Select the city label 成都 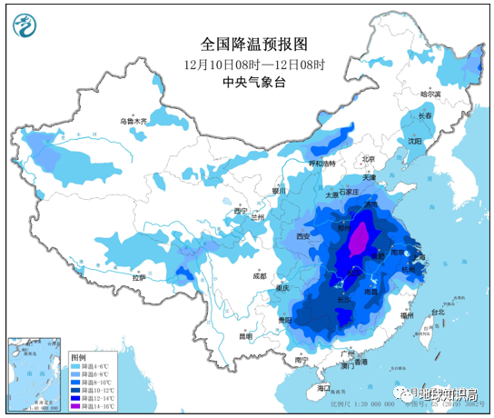point(261,274)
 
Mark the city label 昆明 point(245,335)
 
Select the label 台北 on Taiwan point(438,312)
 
